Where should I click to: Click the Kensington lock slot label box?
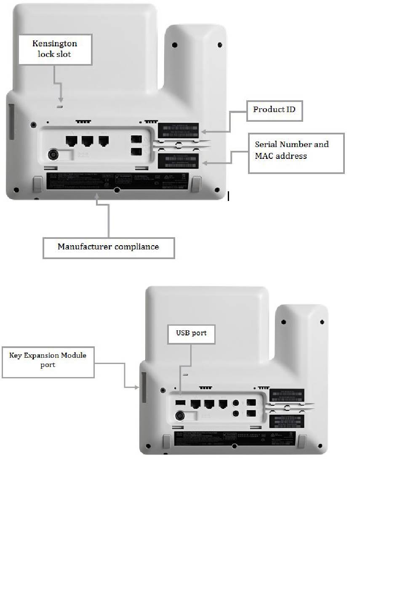pyautogui.click(x=55, y=49)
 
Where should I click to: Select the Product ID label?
pyautogui.click(x=274, y=110)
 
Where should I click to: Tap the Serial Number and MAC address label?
pyautogui.click(x=296, y=153)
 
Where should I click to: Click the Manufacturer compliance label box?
pyautogui.click(x=108, y=247)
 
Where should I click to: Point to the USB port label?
pyautogui.click(x=191, y=334)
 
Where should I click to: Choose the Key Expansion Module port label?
pyautogui.click(x=48, y=361)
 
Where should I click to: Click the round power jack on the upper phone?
pyautogui.click(x=54, y=155)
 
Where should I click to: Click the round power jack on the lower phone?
pyautogui.click(x=180, y=416)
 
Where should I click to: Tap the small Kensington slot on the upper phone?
pyautogui.click(x=60, y=107)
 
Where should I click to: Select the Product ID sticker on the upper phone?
pyautogui.click(x=178, y=130)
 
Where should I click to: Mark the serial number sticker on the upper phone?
pyautogui.click(x=178, y=161)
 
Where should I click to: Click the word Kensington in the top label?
pyautogui.click(x=55, y=43)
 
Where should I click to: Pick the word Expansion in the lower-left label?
pyautogui.click(x=43, y=356)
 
